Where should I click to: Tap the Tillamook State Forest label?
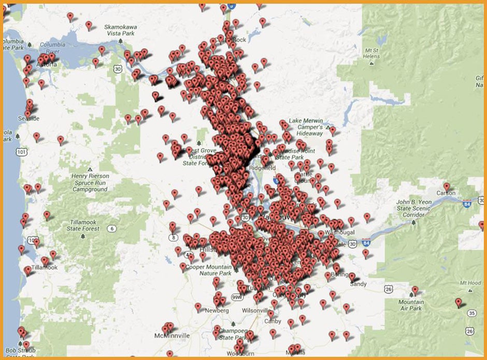(x=84, y=225)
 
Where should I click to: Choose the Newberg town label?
(x=217, y=310)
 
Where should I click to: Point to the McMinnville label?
(x=170, y=336)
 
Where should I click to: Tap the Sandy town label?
(x=358, y=284)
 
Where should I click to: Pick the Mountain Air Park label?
(x=410, y=305)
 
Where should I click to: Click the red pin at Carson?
(x=447, y=186)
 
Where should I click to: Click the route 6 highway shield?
(x=111, y=228)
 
